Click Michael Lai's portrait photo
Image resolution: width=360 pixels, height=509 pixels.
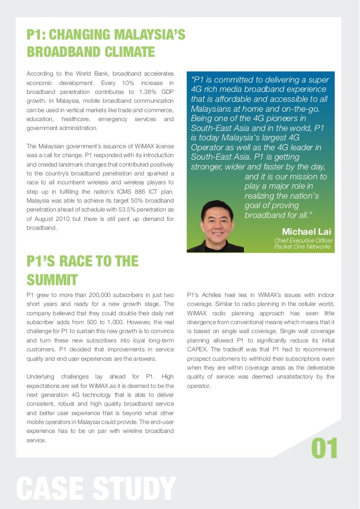coord(217,226)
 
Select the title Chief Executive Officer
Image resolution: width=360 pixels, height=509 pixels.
coord(303,241)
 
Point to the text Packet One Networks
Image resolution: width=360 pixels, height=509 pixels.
coord(303,247)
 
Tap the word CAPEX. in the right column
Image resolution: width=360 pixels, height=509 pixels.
coord(199,349)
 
